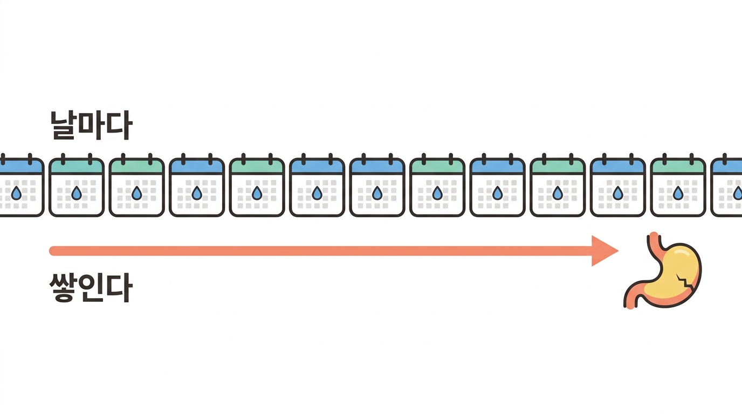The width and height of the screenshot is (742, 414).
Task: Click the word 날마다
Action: click(x=92, y=126)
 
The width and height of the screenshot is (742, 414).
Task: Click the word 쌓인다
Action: click(x=91, y=287)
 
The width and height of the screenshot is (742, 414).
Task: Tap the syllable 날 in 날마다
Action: click(x=63, y=126)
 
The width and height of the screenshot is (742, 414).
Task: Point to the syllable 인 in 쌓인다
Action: click(x=91, y=287)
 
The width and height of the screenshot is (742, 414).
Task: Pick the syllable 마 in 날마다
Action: click(x=92, y=125)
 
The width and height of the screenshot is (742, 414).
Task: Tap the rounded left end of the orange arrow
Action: click(x=53, y=251)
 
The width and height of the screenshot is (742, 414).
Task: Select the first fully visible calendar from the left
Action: click(x=77, y=185)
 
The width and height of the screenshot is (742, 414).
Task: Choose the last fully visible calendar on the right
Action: click(x=678, y=185)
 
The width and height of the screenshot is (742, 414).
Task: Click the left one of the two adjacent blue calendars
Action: click(x=317, y=185)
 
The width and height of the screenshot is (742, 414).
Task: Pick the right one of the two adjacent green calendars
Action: click(x=137, y=185)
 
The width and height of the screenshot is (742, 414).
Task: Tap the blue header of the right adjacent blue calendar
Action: click(x=377, y=166)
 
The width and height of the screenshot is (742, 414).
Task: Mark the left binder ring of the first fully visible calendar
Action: click(x=63, y=159)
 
